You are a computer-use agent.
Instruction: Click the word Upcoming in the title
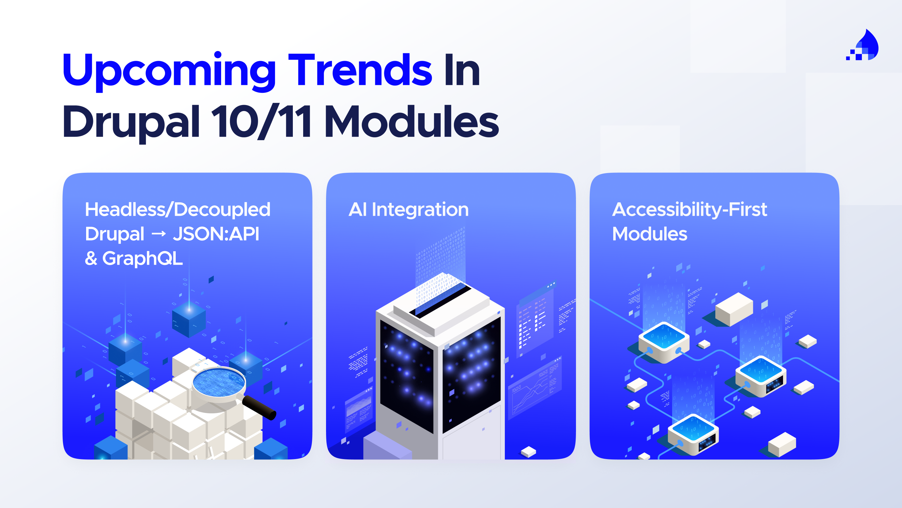[x=169, y=71]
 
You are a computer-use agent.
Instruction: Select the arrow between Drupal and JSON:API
[x=158, y=234]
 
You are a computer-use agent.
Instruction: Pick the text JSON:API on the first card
[x=216, y=234]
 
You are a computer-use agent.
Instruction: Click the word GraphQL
[x=142, y=258]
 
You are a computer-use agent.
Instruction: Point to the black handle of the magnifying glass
[x=259, y=407]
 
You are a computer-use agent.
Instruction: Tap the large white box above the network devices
[x=734, y=309]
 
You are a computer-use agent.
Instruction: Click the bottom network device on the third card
[x=693, y=435]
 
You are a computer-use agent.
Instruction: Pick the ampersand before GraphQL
[x=91, y=258]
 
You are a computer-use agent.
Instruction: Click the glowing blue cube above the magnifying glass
[x=189, y=320]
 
